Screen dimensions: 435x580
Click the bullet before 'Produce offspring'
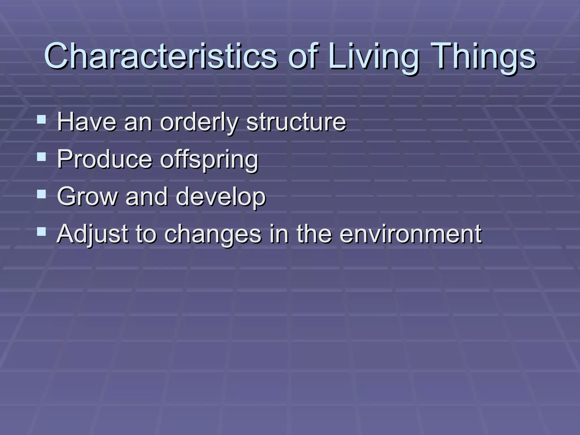point(41,157)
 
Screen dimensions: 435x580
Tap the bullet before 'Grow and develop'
point(41,194)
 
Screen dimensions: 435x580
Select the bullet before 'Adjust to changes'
point(41,232)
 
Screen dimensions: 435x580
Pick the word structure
point(296,122)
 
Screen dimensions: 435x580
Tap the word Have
point(87,122)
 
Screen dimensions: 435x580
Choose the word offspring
point(209,159)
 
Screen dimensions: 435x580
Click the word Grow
point(87,197)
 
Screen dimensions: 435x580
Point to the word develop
point(221,197)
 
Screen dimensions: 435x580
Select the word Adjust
point(92,234)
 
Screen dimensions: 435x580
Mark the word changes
point(213,234)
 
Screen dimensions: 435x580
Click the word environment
point(410,234)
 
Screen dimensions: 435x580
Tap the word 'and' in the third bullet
point(146,197)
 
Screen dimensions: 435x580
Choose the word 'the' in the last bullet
point(314,234)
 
